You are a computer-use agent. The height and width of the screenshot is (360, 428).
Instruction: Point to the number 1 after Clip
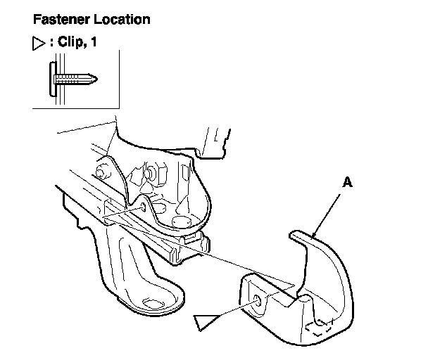(93, 43)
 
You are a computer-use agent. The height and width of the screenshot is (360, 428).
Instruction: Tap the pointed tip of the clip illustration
(93, 77)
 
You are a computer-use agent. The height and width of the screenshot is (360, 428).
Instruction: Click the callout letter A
(346, 181)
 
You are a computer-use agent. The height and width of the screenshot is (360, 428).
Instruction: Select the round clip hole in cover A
(258, 300)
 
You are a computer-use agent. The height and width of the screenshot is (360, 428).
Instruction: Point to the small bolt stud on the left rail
(102, 171)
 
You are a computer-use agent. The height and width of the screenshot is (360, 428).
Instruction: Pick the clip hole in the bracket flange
(143, 206)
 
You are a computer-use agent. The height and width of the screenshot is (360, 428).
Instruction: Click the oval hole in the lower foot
(153, 303)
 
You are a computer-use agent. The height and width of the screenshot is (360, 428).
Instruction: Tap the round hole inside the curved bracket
(179, 224)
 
